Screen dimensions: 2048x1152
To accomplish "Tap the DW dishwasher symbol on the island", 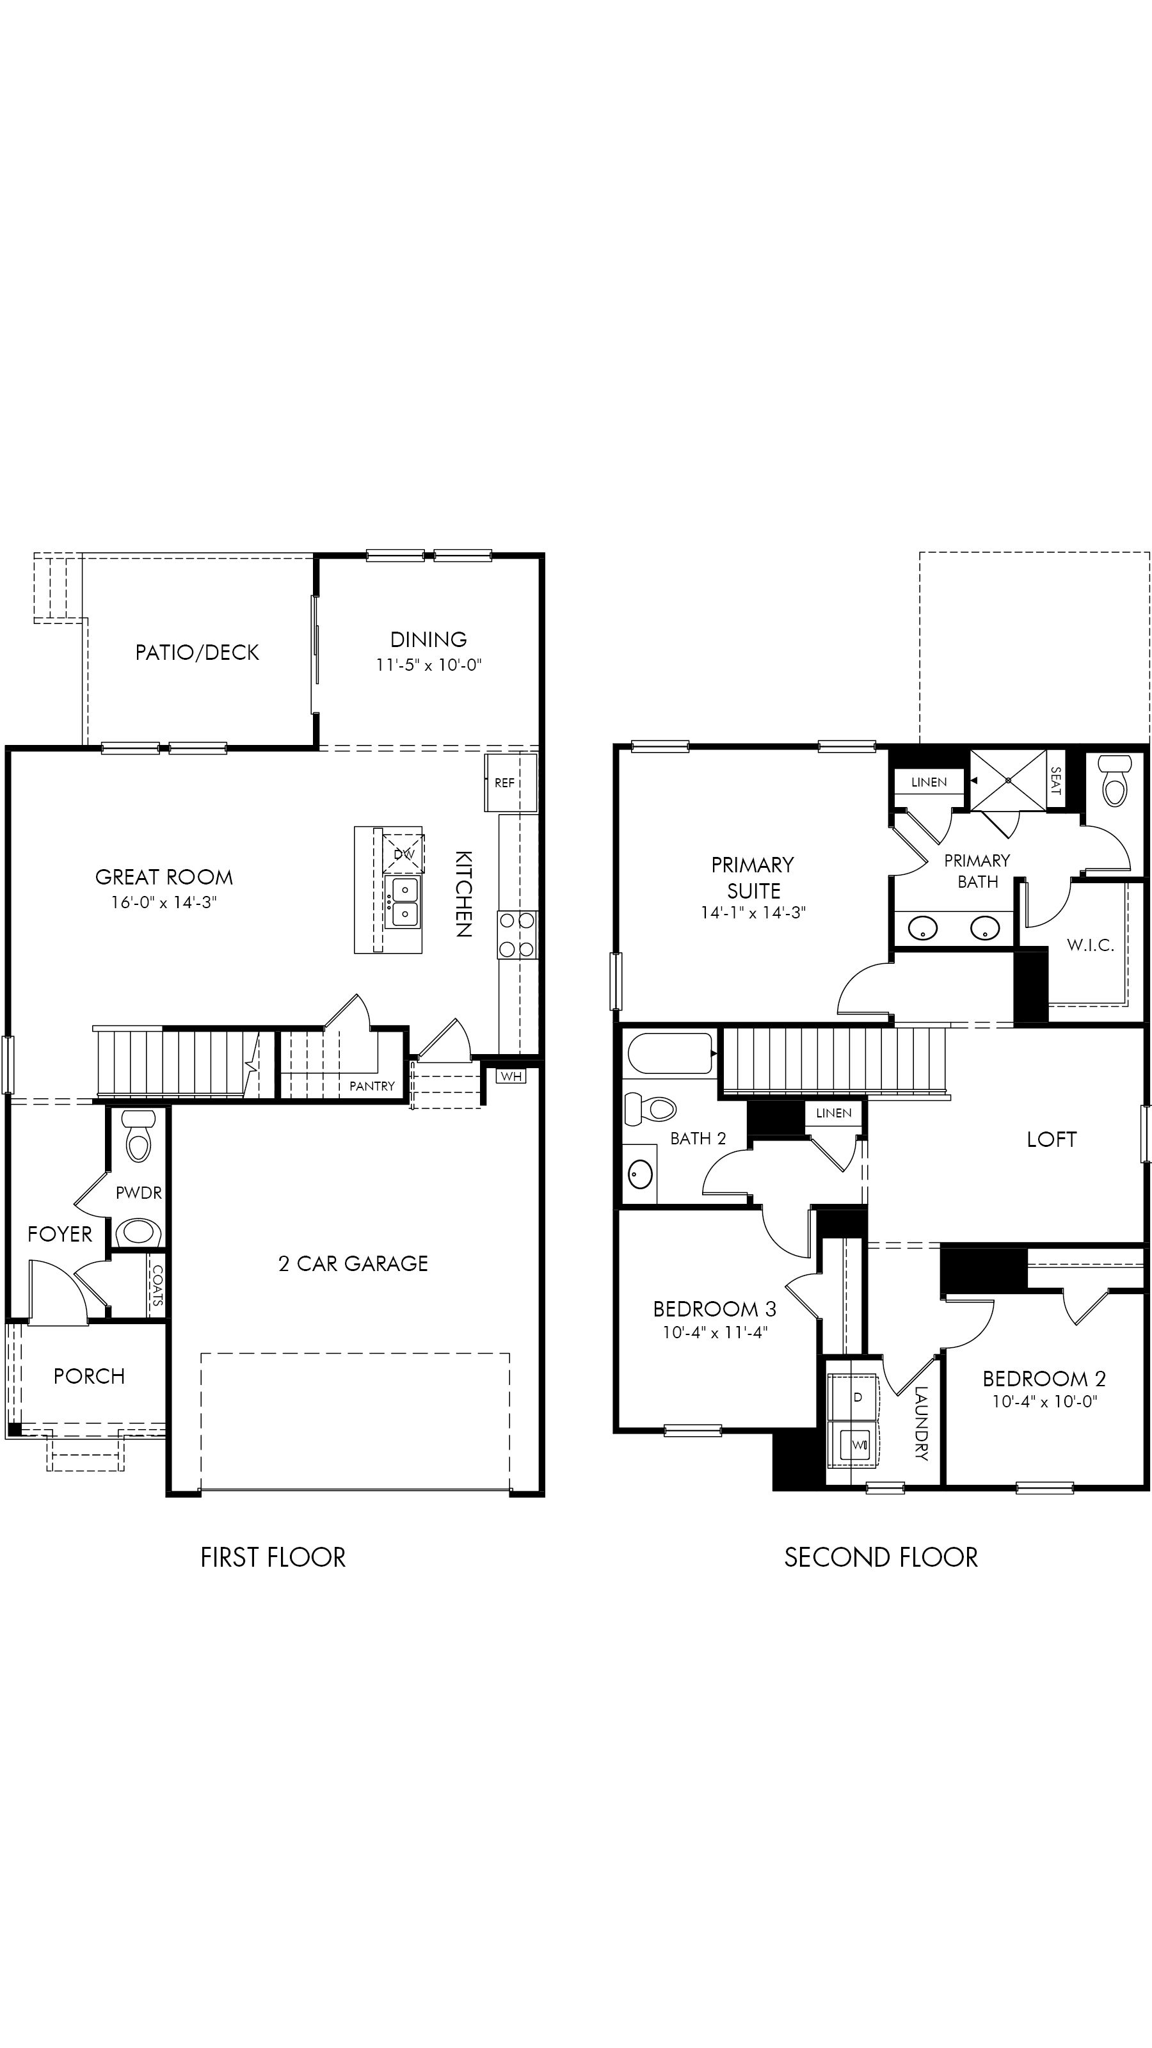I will (404, 854).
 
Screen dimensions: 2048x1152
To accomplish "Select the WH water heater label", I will (511, 1076).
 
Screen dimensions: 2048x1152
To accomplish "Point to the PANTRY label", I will (372, 1086).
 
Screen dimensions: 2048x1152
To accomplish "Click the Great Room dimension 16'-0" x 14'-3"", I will (164, 902).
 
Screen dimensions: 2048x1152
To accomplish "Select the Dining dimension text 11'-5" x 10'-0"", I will (429, 665).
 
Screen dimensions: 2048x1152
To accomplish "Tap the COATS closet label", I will (157, 1287).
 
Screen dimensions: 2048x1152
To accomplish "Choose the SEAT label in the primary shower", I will (1056, 780).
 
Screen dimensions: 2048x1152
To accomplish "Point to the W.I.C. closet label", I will (1090, 945).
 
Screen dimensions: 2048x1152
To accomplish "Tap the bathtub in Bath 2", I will (670, 1053).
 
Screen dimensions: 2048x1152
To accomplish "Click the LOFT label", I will (1051, 1139).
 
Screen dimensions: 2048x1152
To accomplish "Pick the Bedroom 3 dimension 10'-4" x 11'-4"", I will (715, 1332).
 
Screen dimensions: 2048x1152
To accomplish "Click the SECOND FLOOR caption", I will (881, 1558).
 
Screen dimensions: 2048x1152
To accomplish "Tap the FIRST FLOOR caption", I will (273, 1558).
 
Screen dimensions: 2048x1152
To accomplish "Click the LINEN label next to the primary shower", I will (929, 782).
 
